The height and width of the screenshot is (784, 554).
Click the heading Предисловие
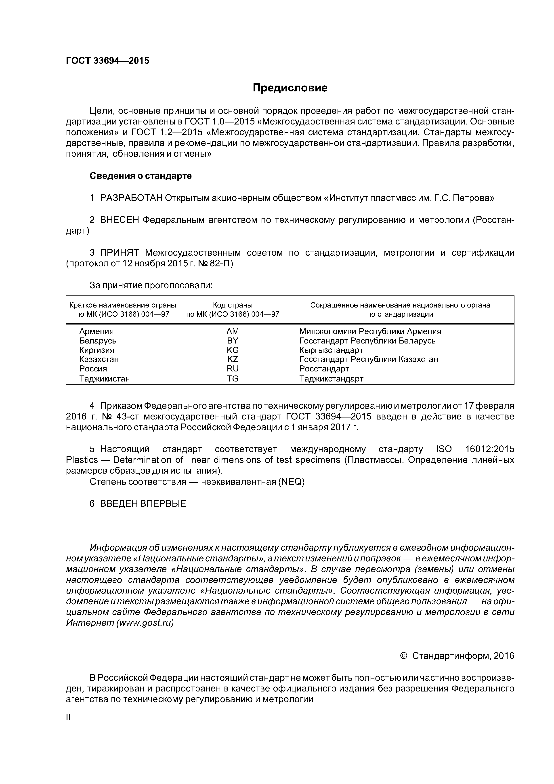coord(290,88)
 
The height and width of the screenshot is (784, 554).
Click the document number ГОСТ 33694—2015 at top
coord(107,61)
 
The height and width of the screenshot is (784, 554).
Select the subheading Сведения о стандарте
coord(141,176)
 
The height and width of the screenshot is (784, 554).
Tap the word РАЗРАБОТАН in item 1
coord(131,198)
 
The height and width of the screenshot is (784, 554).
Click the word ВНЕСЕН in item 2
coord(120,220)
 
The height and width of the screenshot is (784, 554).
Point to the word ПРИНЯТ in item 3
coord(120,253)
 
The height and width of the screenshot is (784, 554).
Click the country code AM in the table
coord(233,331)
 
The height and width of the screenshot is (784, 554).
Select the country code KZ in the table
coord(233,359)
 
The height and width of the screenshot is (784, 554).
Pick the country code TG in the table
coord(233,379)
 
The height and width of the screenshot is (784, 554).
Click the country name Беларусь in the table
coord(98,341)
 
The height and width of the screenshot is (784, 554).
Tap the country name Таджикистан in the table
coord(105,379)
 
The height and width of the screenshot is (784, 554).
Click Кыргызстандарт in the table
coord(331,350)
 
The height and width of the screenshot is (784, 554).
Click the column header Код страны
coord(233,305)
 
